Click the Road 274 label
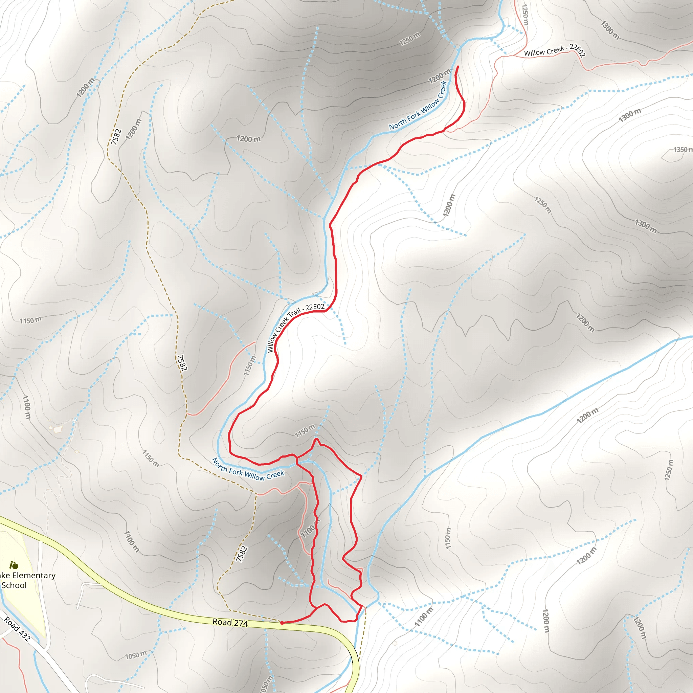click(230, 622)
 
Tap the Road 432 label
click(17, 629)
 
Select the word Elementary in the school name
click(34, 576)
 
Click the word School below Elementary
click(14, 585)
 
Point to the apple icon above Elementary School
click(14, 566)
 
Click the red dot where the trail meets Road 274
click(282, 623)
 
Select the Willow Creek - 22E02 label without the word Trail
click(554, 50)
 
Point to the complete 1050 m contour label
click(136, 655)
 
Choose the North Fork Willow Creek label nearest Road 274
click(247, 470)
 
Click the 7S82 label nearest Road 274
click(242, 554)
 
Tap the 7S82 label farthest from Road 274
click(115, 137)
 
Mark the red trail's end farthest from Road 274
click(458, 66)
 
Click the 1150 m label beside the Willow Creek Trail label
click(250, 365)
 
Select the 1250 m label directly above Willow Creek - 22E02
click(525, 14)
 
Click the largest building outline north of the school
click(58, 429)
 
